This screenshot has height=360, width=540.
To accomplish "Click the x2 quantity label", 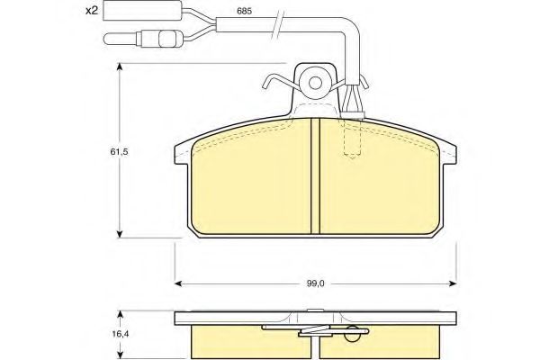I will tap(90, 12).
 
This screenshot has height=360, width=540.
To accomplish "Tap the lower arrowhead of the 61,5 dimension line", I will tap(120, 235).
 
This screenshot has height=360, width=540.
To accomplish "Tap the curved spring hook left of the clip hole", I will tap(273, 85).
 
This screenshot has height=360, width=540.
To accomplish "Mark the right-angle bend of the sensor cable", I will tap(353, 38).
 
